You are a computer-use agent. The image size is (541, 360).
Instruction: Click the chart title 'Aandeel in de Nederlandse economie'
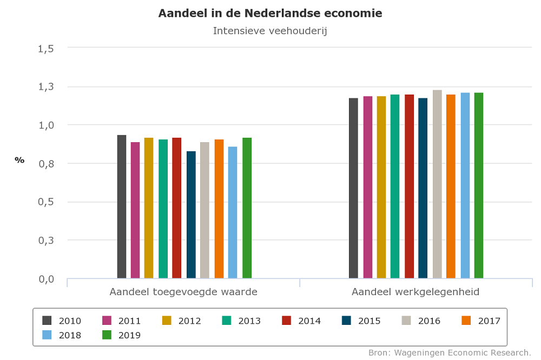[x=270, y=14]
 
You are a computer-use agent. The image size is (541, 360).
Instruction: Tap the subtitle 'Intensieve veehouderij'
[x=270, y=31]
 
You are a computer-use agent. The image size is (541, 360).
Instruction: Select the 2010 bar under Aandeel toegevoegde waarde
[x=122, y=206]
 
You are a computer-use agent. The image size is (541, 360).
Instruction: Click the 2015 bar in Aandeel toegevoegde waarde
[x=191, y=215]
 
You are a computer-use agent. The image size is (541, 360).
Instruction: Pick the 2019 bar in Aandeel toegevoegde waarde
[x=247, y=208]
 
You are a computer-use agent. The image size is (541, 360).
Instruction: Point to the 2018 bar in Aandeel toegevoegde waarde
[x=233, y=212]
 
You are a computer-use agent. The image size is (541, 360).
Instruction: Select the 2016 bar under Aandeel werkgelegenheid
[x=437, y=184]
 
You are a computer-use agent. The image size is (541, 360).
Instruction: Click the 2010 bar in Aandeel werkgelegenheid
[x=353, y=188]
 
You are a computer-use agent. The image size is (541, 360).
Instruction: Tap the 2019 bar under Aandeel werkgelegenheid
[x=479, y=185]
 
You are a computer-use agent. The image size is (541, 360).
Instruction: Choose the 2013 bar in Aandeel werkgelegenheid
[x=395, y=186]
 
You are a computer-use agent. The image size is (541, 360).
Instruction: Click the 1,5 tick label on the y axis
[x=46, y=48]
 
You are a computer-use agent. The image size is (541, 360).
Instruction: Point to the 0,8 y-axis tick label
[x=46, y=163]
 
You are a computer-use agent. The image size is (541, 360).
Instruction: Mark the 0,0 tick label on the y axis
[x=46, y=279]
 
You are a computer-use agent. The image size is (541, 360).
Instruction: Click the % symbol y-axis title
[x=19, y=160]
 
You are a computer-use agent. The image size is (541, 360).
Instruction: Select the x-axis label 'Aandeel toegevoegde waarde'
[x=183, y=292]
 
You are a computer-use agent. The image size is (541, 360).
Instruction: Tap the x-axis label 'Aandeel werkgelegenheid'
[x=415, y=292]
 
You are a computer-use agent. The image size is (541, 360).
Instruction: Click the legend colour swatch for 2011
[x=107, y=321]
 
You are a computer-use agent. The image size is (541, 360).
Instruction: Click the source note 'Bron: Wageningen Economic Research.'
[x=450, y=353]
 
